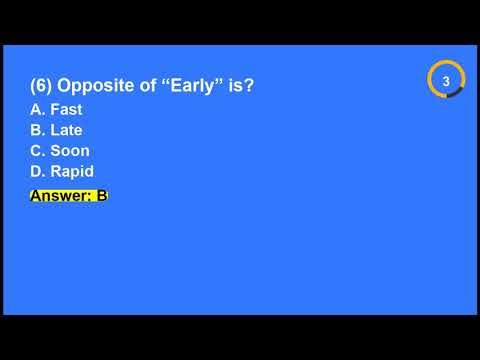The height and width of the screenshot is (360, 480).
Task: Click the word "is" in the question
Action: [x=237, y=87]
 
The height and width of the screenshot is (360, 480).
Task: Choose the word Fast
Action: [x=66, y=110]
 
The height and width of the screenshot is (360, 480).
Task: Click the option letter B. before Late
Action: [x=37, y=130]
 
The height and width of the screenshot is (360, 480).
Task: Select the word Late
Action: [x=66, y=130]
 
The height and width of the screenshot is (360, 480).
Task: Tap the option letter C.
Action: [x=37, y=151]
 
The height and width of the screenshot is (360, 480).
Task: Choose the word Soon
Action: [x=70, y=151]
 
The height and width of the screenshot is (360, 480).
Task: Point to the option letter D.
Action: [x=37, y=172]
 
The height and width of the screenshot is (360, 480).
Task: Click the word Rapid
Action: [x=72, y=172]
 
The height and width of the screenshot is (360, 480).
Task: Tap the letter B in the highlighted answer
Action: [x=101, y=195]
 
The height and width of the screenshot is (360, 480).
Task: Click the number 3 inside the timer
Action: [x=446, y=79]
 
